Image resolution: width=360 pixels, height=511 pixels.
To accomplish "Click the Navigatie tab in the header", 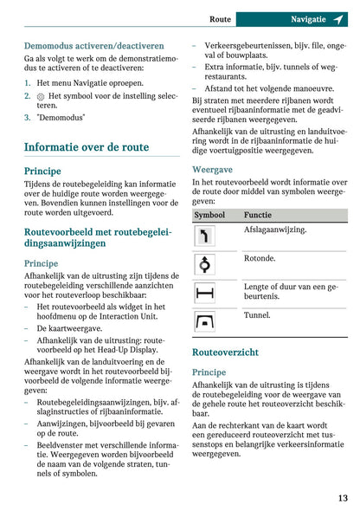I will [x=308, y=18].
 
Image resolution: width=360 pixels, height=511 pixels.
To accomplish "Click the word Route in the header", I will [x=221, y=18].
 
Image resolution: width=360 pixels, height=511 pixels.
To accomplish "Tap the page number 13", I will [x=343, y=497].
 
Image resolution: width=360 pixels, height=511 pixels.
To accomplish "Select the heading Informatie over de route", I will [x=87, y=147].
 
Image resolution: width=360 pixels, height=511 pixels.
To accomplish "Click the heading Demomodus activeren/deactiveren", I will [x=93, y=45].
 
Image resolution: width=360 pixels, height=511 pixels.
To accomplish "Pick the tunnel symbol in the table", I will [x=205, y=323].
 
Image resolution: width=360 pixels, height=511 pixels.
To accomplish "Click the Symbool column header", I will [x=210, y=214].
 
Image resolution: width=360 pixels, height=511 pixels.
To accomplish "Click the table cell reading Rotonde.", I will [x=260, y=258].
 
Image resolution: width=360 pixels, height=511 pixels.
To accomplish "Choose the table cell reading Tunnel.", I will [x=257, y=316].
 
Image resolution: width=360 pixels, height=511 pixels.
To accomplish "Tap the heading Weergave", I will [x=212, y=170].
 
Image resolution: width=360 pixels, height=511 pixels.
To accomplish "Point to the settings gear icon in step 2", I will [x=41, y=95].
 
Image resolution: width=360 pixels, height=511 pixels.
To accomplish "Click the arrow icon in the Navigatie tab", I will [x=337, y=18].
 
